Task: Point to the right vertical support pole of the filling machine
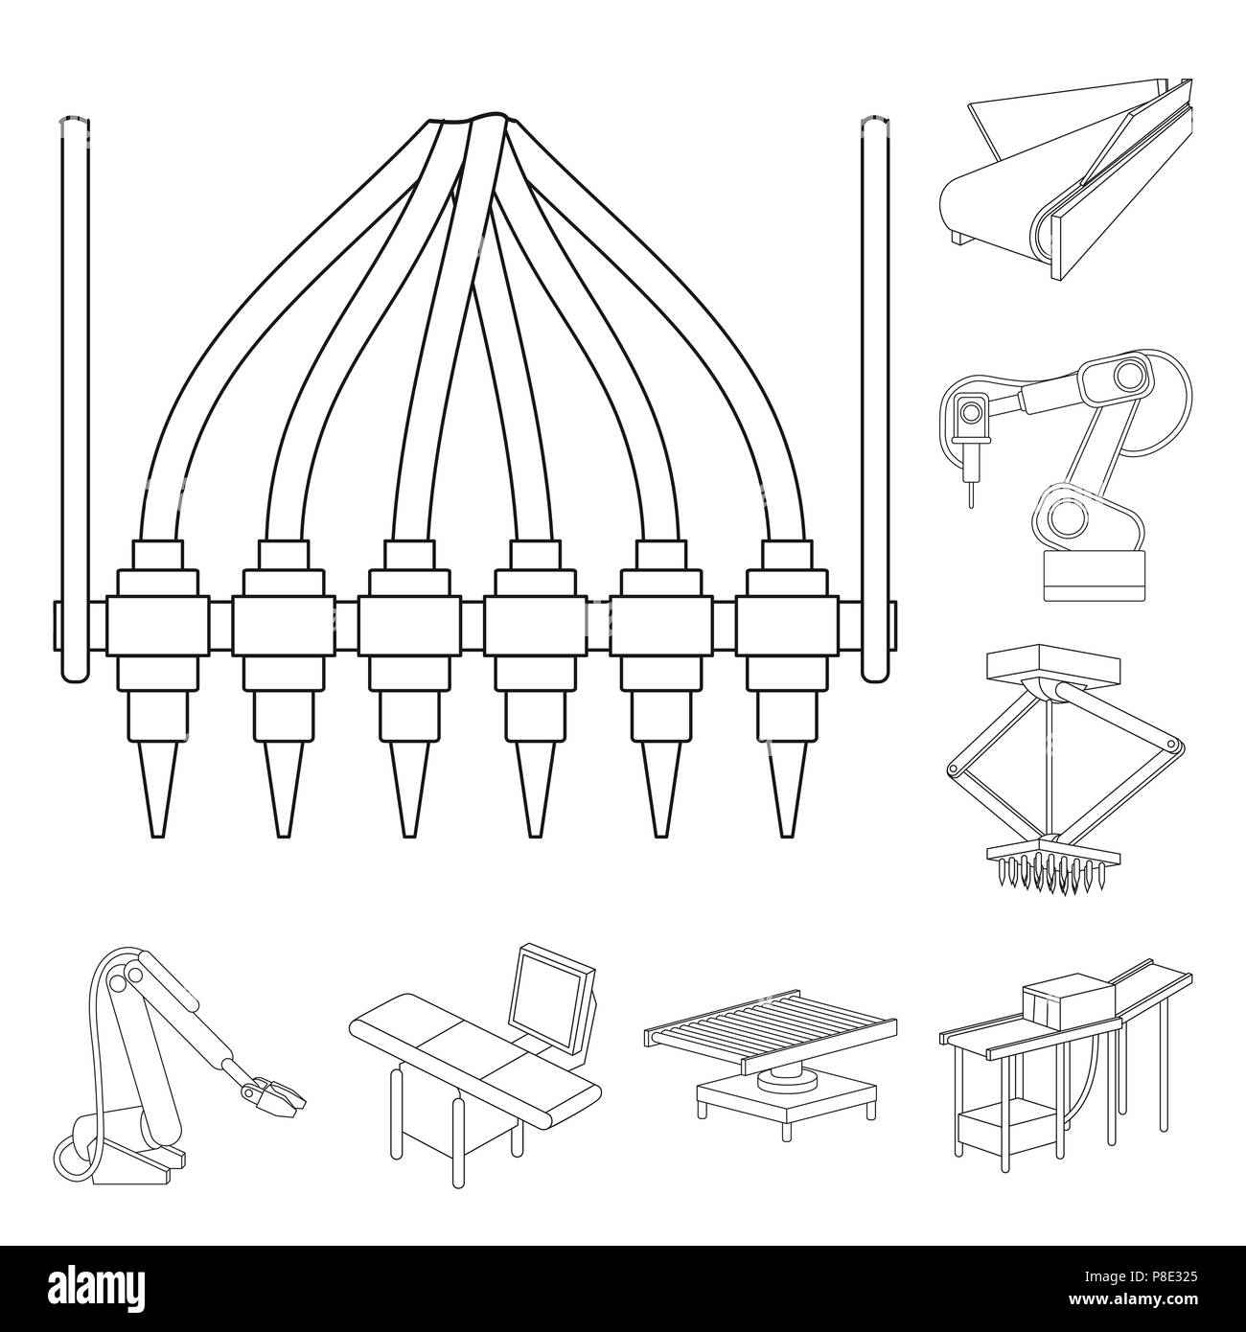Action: [x=873, y=383]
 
